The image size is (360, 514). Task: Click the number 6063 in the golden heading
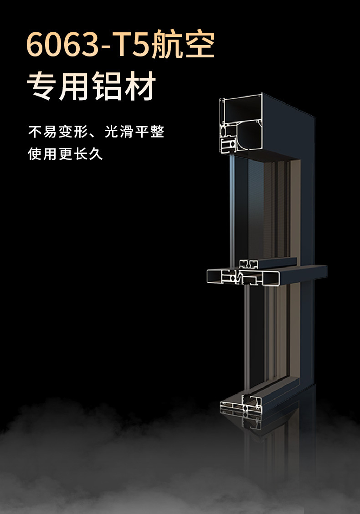pos(64,46)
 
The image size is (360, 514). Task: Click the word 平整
pos(149,132)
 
